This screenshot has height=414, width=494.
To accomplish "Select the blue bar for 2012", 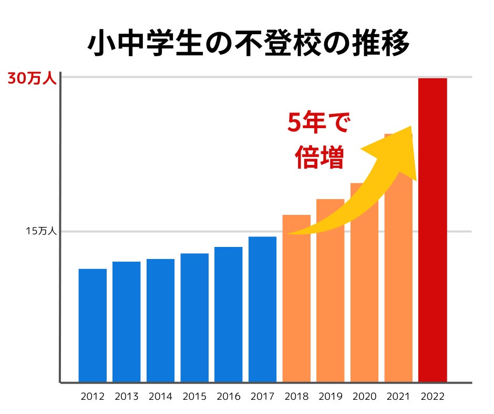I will pyautogui.click(x=92, y=325).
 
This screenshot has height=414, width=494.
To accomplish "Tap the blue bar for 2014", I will pyautogui.click(x=160, y=320).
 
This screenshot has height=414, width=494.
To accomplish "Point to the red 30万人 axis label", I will pyautogui.click(x=31, y=79).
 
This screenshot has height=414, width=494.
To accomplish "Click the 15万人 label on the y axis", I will pyautogui.click(x=41, y=231).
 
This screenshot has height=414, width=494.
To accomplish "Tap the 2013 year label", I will pyautogui.click(x=127, y=397).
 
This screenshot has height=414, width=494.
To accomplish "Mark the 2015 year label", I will pyautogui.click(x=194, y=397).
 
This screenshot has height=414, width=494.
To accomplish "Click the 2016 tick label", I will pyautogui.click(x=229, y=397).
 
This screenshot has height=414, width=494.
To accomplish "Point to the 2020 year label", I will pyautogui.click(x=364, y=397).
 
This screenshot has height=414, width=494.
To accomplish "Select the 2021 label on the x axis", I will pyautogui.click(x=398, y=397).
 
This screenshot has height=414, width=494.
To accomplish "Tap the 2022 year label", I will pyautogui.click(x=433, y=397).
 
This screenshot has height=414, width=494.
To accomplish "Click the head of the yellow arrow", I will pyautogui.click(x=399, y=150).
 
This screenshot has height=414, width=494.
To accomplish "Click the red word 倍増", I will pyautogui.click(x=319, y=157).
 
